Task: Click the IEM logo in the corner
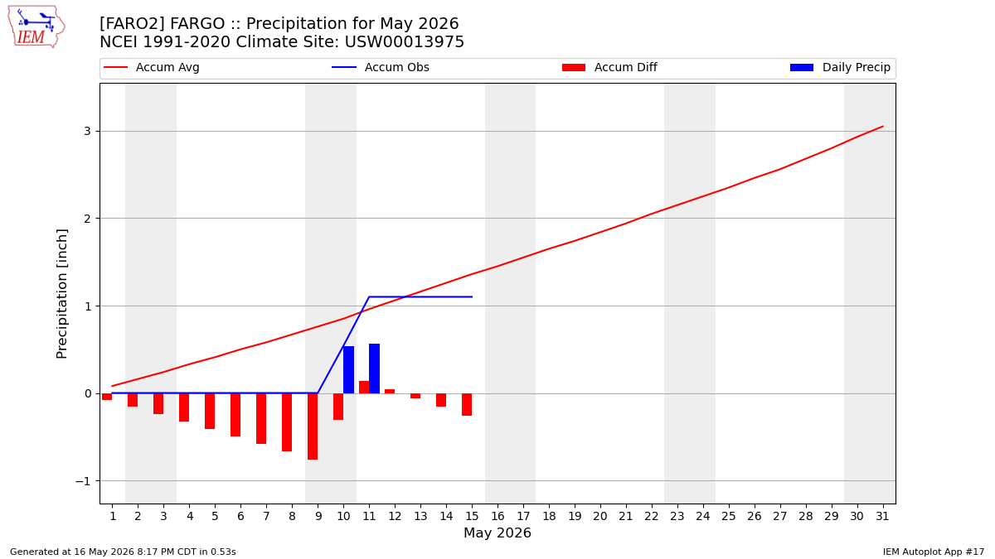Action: click(36, 27)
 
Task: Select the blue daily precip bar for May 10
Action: click(349, 369)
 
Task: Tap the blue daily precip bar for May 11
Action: click(375, 369)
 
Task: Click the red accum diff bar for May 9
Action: click(313, 426)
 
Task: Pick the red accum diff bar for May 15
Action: click(467, 405)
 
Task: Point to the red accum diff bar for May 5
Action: click(210, 412)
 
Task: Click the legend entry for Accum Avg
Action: click(152, 67)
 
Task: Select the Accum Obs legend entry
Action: click(381, 67)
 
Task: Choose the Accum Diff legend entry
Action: click(609, 67)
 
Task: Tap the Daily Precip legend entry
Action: click(840, 67)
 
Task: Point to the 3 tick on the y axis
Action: click(88, 131)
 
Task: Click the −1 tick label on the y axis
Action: click(83, 481)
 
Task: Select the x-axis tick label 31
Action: click(882, 516)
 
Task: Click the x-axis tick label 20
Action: click(600, 516)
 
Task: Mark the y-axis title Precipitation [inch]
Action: click(61, 294)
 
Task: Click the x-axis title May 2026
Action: click(498, 532)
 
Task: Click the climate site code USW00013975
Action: click(405, 42)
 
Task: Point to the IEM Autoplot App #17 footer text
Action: click(934, 552)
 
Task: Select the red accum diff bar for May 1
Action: click(107, 397)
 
